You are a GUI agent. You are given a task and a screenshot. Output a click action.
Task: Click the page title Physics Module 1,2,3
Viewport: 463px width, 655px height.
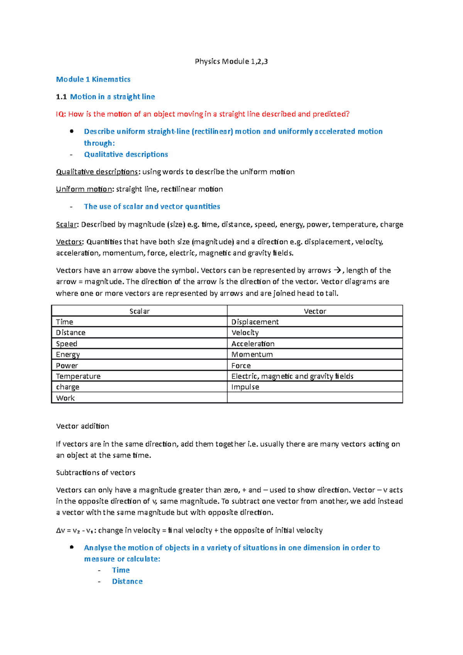tap(231, 61)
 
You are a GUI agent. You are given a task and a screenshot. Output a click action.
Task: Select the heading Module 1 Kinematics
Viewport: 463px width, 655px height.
tap(93, 79)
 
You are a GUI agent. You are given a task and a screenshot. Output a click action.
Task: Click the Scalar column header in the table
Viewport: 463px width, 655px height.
tap(139, 311)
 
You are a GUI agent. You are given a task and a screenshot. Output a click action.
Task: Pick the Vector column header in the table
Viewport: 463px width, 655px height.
tap(315, 311)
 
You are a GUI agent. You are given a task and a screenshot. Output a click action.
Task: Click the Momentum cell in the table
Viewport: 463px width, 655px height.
tap(252, 355)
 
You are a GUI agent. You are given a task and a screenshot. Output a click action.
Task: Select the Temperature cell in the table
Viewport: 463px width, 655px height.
tap(78, 376)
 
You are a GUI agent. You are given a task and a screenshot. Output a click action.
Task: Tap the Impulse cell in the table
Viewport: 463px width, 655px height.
tap(245, 387)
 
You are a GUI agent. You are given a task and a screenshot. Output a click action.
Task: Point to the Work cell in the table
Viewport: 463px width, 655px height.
tap(65, 398)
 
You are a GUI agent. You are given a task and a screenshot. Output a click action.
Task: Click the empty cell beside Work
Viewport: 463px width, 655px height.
tap(314, 398)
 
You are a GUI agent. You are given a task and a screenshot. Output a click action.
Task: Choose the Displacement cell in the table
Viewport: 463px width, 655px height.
tap(255, 322)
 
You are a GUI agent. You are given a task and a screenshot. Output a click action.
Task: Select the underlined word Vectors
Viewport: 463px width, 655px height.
tap(69, 242)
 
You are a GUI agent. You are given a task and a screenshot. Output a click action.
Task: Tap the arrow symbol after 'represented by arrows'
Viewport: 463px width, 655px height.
tap(337, 270)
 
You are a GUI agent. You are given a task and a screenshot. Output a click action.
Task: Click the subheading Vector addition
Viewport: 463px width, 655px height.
tap(83, 426)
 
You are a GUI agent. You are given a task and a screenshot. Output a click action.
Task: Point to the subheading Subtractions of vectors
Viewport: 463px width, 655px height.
tap(96, 473)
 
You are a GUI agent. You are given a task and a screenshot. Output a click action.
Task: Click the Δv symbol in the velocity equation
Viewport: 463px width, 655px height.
tap(61, 530)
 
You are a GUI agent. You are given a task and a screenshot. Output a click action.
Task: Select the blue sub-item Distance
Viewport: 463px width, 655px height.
tap(127, 581)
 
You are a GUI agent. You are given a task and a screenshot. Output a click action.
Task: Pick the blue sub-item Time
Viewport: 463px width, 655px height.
tap(121, 570)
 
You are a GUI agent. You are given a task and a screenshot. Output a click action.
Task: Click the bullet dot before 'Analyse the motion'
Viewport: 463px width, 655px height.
tap(71, 547)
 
